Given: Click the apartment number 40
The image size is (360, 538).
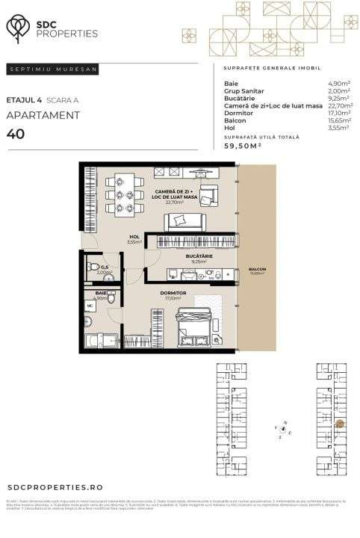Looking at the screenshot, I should (x=16, y=134).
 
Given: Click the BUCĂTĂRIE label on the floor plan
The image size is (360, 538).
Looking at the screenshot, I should (x=199, y=256).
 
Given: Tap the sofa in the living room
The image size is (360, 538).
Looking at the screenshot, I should (x=185, y=220).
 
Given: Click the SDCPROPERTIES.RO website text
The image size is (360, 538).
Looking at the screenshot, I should (x=52, y=485).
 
